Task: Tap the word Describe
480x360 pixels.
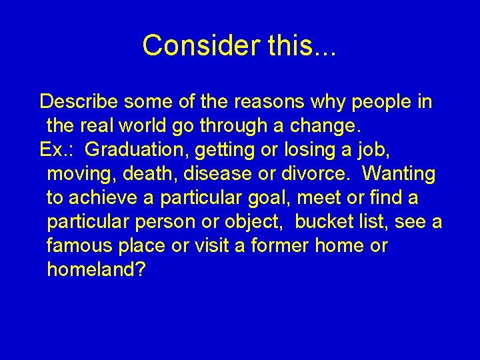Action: point(79,102)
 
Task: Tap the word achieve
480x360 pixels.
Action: point(103,198)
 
